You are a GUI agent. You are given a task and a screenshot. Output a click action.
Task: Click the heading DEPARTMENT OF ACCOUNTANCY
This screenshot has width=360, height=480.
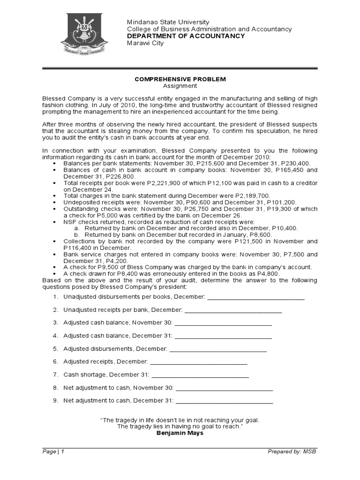(x=186, y=36)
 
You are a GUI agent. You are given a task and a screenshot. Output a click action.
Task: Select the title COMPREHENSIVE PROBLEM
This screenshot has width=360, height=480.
(x=180, y=79)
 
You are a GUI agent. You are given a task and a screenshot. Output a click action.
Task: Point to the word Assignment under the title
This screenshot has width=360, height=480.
(x=180, y=86)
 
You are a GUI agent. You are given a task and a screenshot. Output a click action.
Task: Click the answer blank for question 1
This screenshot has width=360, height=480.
(x=255, y=297)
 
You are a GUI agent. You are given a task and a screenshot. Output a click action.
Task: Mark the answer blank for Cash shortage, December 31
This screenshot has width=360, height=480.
(x=200, y=375)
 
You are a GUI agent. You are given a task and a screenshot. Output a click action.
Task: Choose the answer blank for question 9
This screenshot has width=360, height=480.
(x=224, y=401)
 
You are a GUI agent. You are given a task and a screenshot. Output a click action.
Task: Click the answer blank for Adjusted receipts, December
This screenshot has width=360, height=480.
(x=198, y=362)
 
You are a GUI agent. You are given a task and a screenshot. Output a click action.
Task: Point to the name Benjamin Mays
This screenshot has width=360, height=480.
(x=180, y=433)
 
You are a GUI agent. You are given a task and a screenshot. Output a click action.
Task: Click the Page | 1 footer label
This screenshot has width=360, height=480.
(x=53, y=451)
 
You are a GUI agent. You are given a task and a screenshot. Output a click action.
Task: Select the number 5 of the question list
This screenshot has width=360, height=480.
(x=55, y=349)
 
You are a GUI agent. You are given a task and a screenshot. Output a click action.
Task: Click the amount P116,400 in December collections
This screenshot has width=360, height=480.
(x=82, y=247)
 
